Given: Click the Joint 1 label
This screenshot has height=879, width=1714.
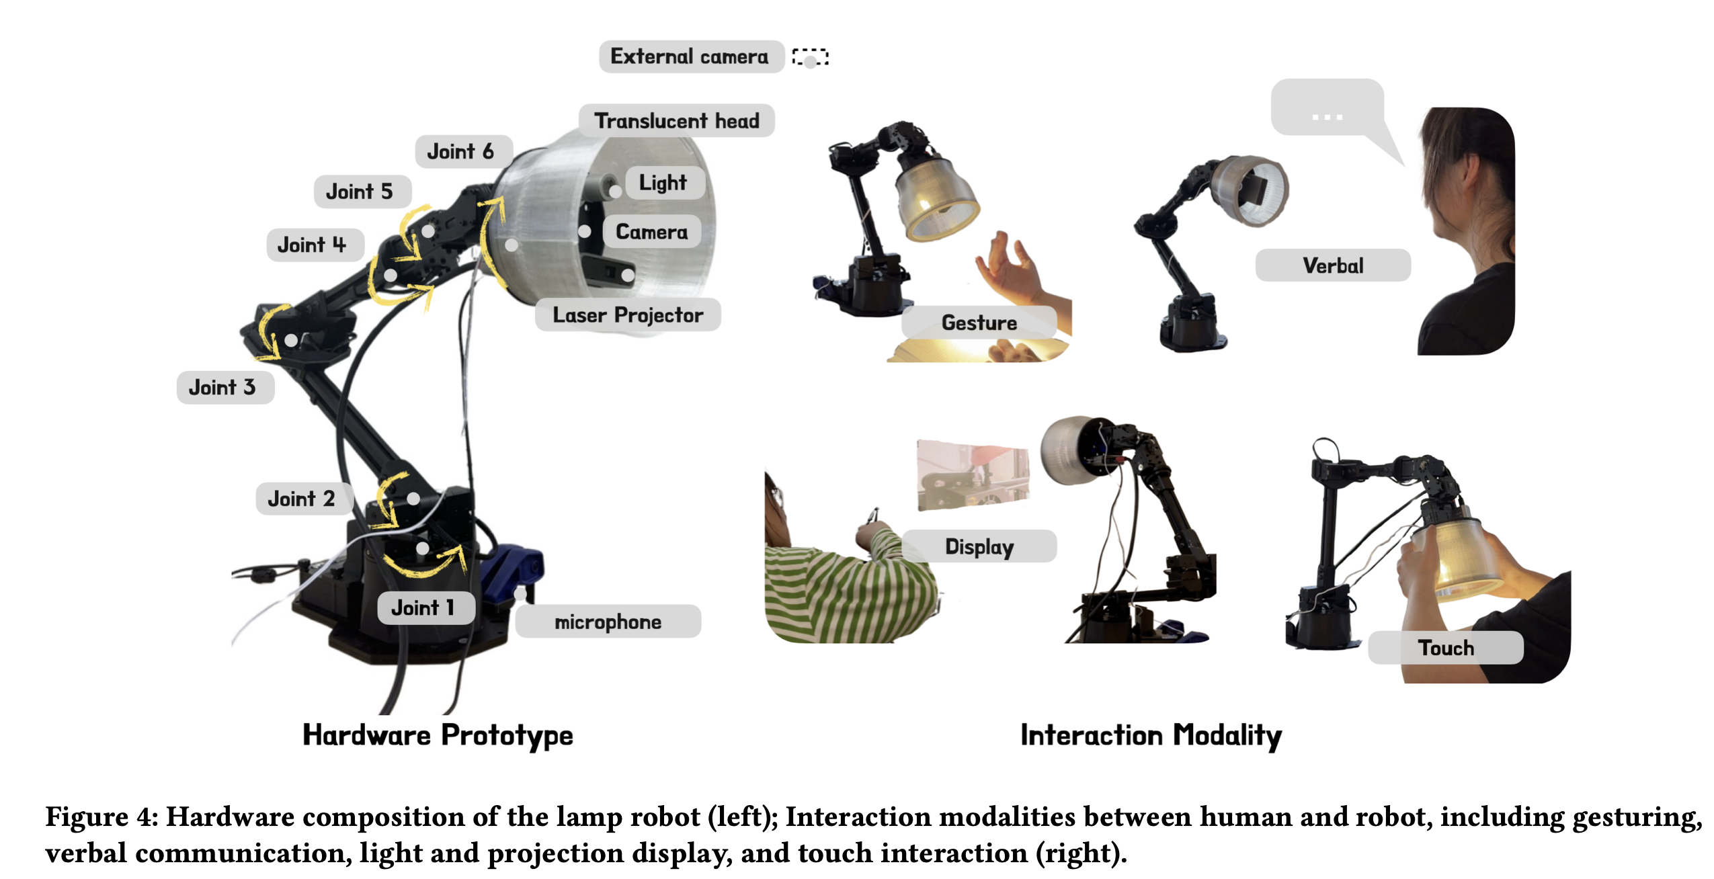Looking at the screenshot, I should (x=425, y=608).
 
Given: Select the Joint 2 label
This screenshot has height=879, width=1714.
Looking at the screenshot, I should (x=302, y=499).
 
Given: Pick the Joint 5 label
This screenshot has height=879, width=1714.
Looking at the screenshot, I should (x=361, y=192).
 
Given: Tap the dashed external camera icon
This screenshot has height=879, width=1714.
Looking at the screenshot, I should (x=810, y=58).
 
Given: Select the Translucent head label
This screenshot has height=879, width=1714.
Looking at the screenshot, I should (x=676, y=121).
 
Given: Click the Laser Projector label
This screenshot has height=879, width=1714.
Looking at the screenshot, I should (x=628, y=315).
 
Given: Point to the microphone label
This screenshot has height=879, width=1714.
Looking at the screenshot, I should (x=608, y=622).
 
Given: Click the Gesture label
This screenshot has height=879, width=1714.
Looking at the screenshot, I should (x=979, y=323).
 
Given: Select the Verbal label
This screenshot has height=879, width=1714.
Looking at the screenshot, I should (x=1332, y=265).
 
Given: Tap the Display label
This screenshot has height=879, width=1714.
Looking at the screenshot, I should (x=979, y=546).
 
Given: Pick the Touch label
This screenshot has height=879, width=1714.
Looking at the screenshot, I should (x=1445, y=647).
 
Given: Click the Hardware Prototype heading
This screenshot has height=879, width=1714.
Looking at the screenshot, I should (x=438, y=735).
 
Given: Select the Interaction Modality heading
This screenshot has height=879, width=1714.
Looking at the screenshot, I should (x=1151, y=735).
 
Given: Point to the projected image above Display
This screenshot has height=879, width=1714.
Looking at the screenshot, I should (x=973, y=476).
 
